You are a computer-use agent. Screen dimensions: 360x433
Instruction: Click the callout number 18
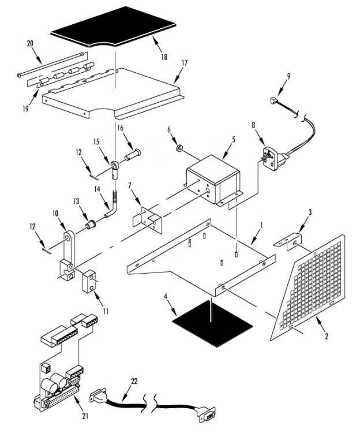(x=164, y=57)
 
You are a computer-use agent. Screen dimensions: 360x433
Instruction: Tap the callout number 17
(x=184, y=64)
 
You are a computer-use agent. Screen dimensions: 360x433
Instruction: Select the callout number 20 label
(x=30, y=43)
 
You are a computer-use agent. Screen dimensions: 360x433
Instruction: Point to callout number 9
(x=288, y=76)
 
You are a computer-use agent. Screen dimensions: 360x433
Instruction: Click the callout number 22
(x=134, y=382)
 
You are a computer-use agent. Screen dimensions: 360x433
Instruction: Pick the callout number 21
(x=85, y=416)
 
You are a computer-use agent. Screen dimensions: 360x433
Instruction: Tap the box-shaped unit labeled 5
(x=214, y=180)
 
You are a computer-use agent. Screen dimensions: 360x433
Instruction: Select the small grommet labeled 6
(x=179, y=150)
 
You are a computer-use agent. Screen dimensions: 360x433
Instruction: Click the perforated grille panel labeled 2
(x=307, y=287)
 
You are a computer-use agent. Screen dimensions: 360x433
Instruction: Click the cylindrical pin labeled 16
(x=133, y=155)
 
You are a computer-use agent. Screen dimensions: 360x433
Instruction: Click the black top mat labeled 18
(x=113, y=27)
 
